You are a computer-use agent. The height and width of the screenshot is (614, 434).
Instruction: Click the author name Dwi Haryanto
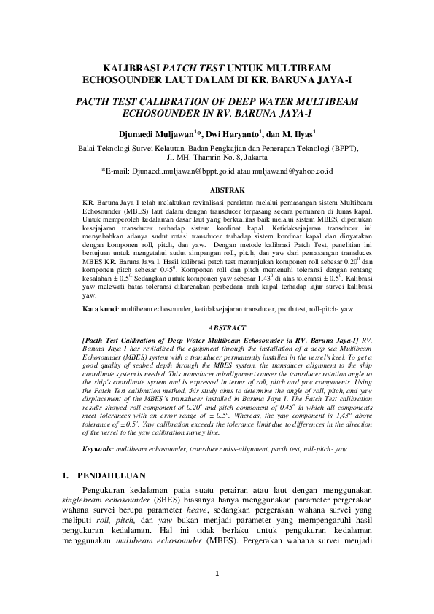point(226,133)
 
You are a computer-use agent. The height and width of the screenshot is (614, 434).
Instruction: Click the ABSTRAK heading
point(217,188)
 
